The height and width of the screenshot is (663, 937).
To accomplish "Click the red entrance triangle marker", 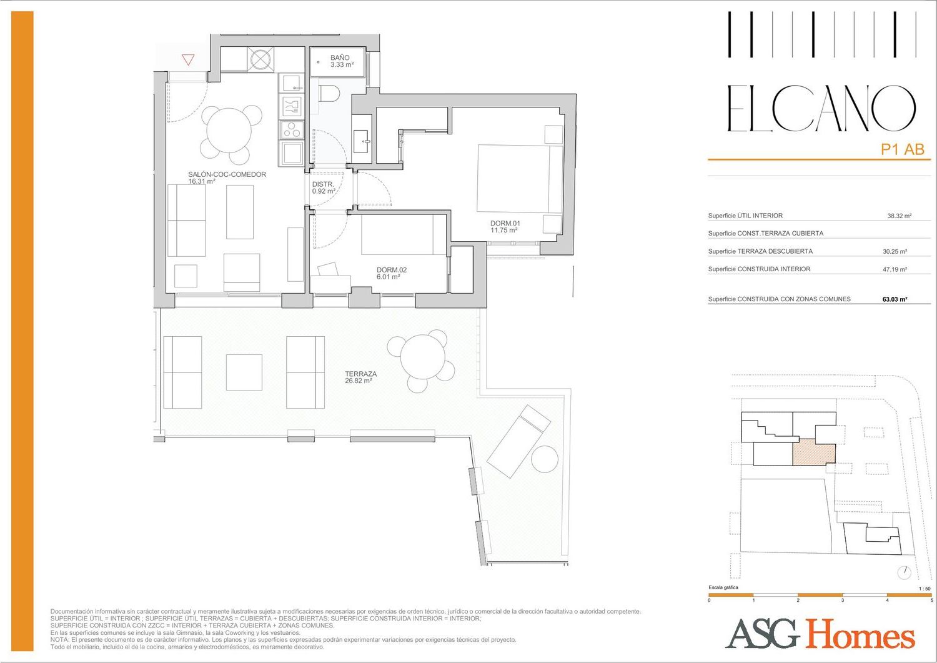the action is coord(188,60).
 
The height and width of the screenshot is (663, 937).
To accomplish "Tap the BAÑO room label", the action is coord(340,57).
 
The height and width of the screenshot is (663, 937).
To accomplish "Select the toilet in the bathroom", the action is coord(329,93).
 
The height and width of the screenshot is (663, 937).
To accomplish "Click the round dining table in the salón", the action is coord(229,130).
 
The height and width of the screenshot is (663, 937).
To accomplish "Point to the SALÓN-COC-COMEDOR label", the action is coord(227,174).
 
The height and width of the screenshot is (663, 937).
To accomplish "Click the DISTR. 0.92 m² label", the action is coord(324,187).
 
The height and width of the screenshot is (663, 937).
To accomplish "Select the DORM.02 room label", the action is coord(392,270).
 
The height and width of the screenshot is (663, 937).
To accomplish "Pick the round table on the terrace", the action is coord(422,357).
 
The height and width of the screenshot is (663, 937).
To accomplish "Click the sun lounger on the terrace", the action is coord(519,441).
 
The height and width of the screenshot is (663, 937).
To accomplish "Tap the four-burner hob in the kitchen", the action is coord(292,130).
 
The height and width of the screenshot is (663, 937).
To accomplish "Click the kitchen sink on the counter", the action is coord(292,82).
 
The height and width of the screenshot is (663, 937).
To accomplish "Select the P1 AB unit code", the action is coord(902,149).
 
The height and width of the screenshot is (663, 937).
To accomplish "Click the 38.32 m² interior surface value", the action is coord(900,216).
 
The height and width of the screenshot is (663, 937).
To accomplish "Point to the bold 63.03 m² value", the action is coord(895,299).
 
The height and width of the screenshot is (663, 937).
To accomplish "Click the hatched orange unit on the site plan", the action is coord(814,452).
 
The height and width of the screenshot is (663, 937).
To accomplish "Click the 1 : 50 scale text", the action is coord(925,589).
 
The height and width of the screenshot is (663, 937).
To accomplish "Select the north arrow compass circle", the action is coord(905,573).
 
